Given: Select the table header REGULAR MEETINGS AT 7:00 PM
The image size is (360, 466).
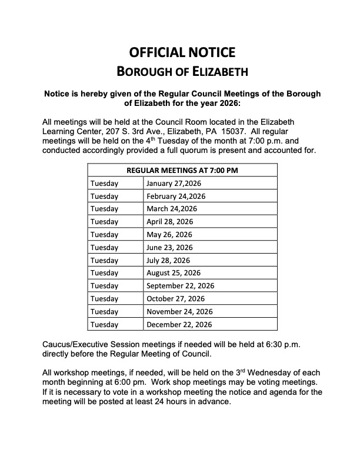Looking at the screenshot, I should (x=182, y=171).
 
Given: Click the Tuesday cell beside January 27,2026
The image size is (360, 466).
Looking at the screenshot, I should (x=105, y=183).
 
